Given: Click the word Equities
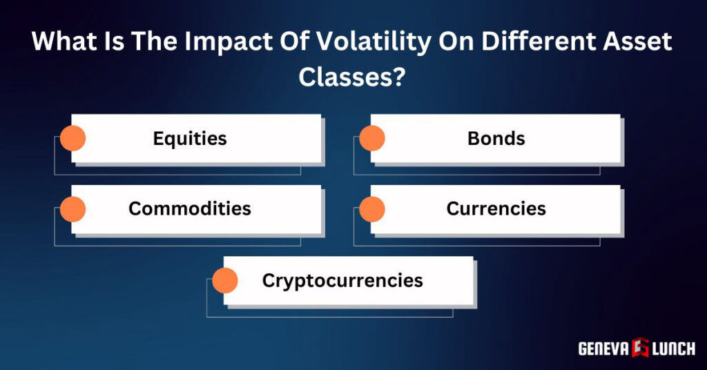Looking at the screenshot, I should (x=190, y=138).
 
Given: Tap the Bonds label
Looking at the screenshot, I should (x=496, y=138).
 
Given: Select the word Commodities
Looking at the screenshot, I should (x=190, y=208).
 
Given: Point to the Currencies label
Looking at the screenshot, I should (x=496, y=208).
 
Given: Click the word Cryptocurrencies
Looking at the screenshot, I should (x=342, y=280).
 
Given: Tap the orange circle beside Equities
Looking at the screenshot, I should (x=72, y=138).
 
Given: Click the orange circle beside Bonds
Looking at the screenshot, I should (x=372, y=138).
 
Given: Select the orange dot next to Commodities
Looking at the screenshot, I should (x=72, y=208).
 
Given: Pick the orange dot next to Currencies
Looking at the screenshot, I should (x=372, y=208).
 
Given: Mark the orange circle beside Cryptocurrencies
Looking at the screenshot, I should (x=225, y=280).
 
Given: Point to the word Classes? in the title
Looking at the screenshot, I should (x=351, y=75).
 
